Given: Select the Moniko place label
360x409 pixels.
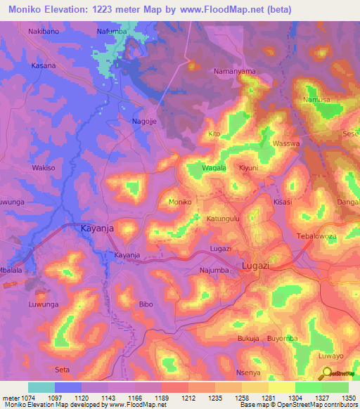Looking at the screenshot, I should pos(181,202).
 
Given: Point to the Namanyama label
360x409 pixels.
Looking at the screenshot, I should pos(234,72).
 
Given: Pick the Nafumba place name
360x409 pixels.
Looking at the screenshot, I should pos(112,32).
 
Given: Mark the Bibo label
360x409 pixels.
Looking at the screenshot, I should pos(146,304).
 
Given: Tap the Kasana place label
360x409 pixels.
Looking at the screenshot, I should pos(44,64).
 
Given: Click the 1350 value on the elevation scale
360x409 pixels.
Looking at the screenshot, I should pos(340,397).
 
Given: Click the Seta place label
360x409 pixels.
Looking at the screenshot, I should pos(63,369).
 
